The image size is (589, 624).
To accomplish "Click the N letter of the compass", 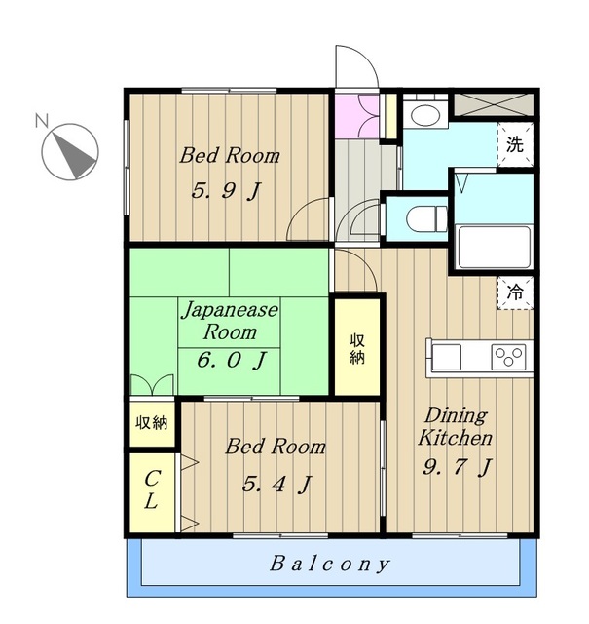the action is pos(41,120).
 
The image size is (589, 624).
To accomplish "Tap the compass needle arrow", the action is pos(74,155).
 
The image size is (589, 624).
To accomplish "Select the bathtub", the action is pos(494,247).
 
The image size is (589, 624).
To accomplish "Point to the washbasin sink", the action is pos(425,114).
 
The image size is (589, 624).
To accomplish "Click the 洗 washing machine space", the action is pos(515,144).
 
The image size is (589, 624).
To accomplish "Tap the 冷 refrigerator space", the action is pos(515,293).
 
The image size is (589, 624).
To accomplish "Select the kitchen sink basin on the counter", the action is pos(446,357).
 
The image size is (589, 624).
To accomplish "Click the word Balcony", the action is pos(329,564).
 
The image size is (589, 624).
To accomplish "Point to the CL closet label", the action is pos(152,489).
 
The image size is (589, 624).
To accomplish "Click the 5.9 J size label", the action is pos(226,191).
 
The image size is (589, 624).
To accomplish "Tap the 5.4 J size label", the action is pos(276,485).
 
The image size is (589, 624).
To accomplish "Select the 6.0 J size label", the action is pos(232,360).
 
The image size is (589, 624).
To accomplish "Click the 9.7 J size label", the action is pos(457,467).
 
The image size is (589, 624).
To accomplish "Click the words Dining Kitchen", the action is pos(456,426).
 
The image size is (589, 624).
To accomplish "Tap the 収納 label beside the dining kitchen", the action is pos(357,349).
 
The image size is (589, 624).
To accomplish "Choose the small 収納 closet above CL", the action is pos(152,423).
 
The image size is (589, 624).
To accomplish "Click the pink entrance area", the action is pos(357,116).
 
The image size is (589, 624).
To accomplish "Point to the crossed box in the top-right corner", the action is pos(494,104).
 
